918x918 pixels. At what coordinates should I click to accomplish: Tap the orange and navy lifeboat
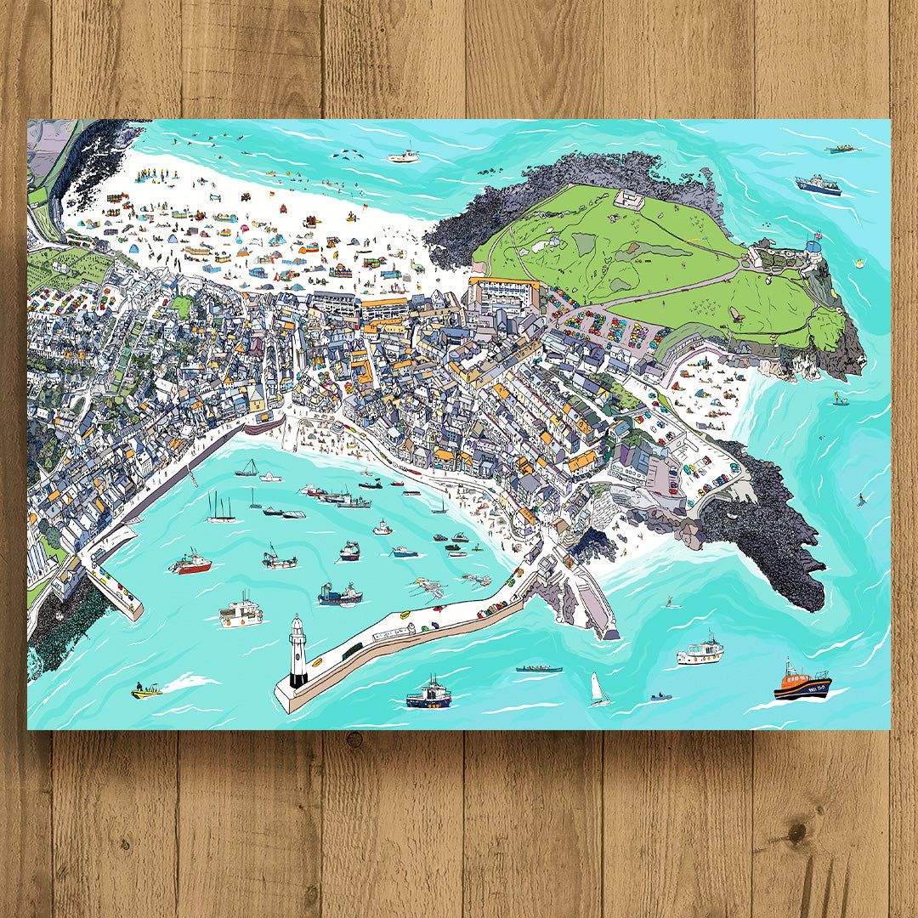click(802, 683)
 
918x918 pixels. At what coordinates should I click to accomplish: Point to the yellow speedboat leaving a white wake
click(146, 691)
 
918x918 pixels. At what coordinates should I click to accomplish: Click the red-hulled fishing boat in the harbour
click(190, 564)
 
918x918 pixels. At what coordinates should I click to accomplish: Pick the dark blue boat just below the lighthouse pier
click(428, 695)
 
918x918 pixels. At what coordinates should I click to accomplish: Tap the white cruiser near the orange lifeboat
click(700, 652)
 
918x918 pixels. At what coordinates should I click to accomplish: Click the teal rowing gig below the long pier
click(539, 668)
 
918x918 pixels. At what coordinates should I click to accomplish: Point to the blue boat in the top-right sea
click(818, 185)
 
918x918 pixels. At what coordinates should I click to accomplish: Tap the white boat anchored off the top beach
click(404, 156)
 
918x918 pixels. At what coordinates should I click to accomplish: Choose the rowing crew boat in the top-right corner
click(842, 150)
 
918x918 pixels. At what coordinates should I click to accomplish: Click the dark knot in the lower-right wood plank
click(798, 829)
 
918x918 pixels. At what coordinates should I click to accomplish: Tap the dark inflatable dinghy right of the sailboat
click(660, 697)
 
